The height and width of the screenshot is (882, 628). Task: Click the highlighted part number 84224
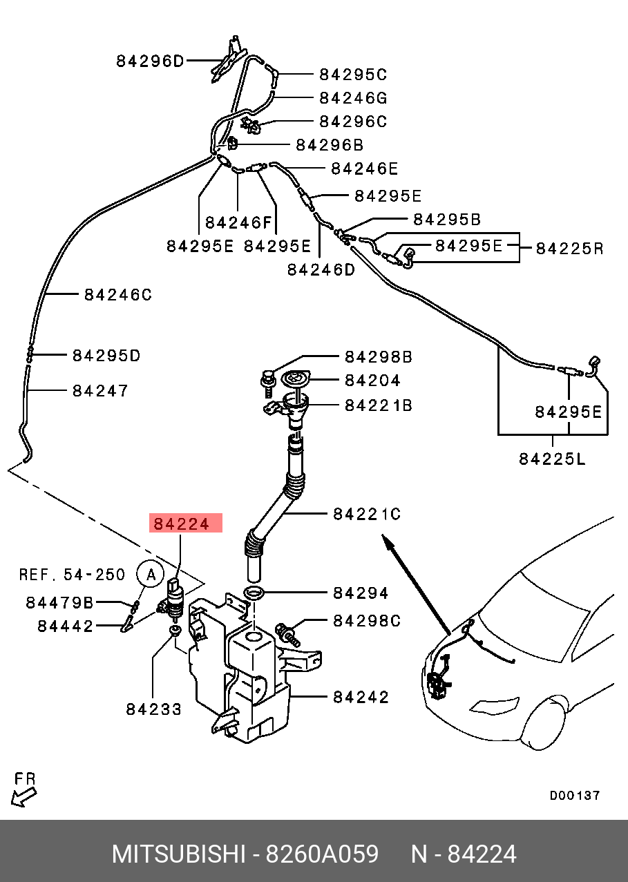181,524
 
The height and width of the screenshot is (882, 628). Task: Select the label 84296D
150,61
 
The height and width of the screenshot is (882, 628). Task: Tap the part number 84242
361,697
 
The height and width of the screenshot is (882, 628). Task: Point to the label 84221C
366,514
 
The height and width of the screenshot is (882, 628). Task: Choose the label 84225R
569,248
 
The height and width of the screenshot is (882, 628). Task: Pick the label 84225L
552,459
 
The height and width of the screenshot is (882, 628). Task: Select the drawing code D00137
574,795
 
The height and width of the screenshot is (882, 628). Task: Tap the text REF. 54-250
72,574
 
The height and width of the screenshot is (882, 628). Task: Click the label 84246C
117,295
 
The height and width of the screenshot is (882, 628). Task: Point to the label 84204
372,380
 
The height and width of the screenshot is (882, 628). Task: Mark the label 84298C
366,620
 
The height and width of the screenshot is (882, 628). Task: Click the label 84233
153,709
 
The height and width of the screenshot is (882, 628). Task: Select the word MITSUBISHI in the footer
179,854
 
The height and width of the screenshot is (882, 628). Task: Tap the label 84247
100,391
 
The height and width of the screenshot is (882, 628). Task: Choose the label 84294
361,593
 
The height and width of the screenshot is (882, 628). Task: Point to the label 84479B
59,603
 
